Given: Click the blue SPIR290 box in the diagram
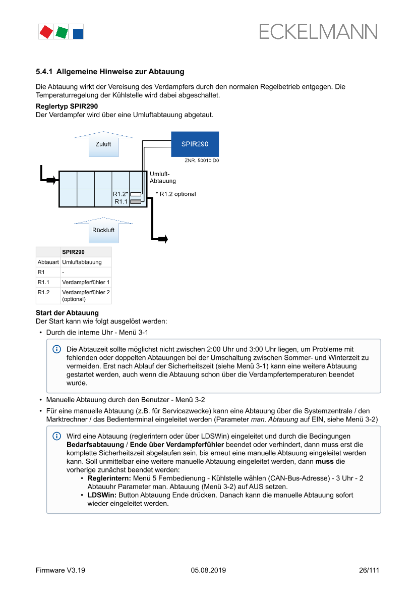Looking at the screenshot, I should pyautogui.click(x=195, y=144).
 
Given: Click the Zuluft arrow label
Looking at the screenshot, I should pyautogui.click(x=103, y=144).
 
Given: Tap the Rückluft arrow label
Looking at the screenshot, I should pyautogui.click(x=103, y=230).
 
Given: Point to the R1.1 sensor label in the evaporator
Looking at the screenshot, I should pyautogui.click(x=121, y=201).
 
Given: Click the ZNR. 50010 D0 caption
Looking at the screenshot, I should pyautogui.click(x=202, y=160).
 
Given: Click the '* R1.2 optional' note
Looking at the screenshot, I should pyautogui.click(x=176, y=194).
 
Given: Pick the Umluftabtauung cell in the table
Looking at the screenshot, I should pyautogui.click(x=82, y=262).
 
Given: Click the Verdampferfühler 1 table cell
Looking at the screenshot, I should pyautogui.click(x=86, y=282).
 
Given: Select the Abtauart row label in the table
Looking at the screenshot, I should pyautogui.click(x=48, y=262).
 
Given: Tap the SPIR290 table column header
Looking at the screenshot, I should pyautogui.click(x=73, y=252).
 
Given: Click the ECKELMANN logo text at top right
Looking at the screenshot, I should pyautogui.click(x=318, y=32).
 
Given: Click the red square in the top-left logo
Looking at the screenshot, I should pyautogui.click(x=46, y=32).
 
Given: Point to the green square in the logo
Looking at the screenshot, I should pyautogui.click(x=62, y=32).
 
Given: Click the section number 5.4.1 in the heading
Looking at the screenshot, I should pyautogui.click(x=44, y=72).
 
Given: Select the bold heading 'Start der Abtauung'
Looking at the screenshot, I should pyautogui.click(x=67, y=313).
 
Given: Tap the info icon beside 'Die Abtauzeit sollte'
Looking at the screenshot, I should pyautogui.click(x=56, y=349).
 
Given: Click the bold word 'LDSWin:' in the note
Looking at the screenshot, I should pyautogui.click(x=102, y=495).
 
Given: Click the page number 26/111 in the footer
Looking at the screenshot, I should pyautogui.click(x=369, y=570).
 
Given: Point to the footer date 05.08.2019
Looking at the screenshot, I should pyautogui.click(x=208, y=570).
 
